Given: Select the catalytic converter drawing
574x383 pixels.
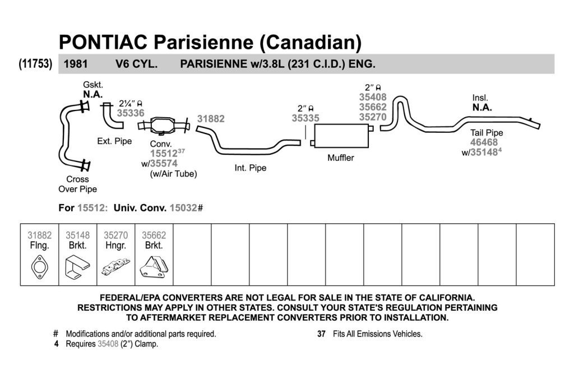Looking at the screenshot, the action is [x=164, y=125].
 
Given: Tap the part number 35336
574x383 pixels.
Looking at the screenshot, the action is [x=131, y=113].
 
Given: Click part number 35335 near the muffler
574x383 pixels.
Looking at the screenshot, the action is [x=305, y=118].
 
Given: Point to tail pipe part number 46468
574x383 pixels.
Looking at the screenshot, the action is [x=484, y=142].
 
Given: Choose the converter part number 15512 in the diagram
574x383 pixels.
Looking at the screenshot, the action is [x=164, y=154].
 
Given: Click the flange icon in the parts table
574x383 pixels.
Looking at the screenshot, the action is [x=40, y=267].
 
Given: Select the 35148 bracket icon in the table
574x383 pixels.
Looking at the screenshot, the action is [x=77, y=266].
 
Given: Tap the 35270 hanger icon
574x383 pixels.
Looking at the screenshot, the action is [x=115, y=267].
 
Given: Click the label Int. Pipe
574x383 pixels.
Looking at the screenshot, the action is [x=251, y=168].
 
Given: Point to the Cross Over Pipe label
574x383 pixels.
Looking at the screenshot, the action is [x=77, y=184].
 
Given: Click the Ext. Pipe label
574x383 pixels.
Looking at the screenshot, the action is [x=114, y=141].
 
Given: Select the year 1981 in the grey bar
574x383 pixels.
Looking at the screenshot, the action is [x=76, y=64].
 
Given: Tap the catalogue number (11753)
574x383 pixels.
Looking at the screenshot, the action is [x=35, y=64].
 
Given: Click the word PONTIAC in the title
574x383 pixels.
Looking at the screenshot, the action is [x=103, y=42].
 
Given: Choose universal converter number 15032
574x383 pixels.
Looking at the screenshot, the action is [x=183, y=208].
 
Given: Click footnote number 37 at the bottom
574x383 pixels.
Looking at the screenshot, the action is [x=321, y=334].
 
